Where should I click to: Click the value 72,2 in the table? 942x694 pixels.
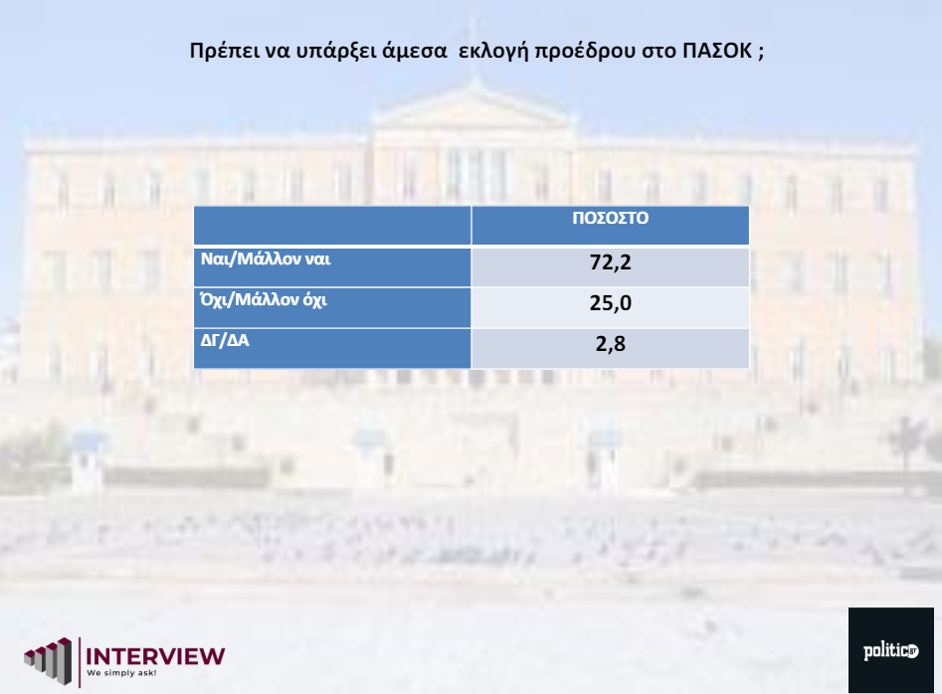coord(611,262)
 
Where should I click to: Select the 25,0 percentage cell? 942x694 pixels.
coord(611,303)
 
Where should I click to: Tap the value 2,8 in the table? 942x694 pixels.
coord(611,344)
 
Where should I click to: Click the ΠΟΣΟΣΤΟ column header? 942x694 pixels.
coord(611,218)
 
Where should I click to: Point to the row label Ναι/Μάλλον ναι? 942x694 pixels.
coord(266,259)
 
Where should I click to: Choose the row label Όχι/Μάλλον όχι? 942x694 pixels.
coord(264,299)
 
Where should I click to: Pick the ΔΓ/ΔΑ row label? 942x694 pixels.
coord(225,340)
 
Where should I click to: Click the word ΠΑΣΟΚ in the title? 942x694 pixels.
coord(717,51)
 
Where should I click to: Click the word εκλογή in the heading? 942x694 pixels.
coord(493,52)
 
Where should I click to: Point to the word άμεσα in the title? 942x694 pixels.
coord(415,51)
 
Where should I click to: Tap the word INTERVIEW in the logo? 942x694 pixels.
coord(155,656)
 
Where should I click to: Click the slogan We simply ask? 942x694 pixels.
coord(121,673)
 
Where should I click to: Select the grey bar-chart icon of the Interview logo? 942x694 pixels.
coord(48,661)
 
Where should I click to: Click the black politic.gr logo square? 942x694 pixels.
coord(891,650)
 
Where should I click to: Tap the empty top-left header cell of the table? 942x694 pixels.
coord(332,225)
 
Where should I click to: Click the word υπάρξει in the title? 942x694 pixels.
coord(337,52)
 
